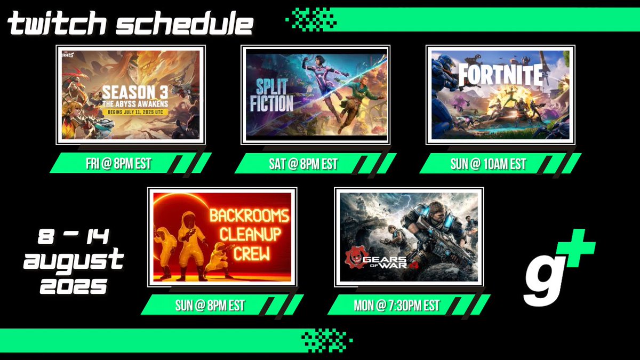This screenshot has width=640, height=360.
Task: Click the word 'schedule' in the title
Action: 183,24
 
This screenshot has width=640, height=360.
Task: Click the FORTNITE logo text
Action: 500,75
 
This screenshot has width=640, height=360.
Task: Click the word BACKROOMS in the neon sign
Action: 249,216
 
